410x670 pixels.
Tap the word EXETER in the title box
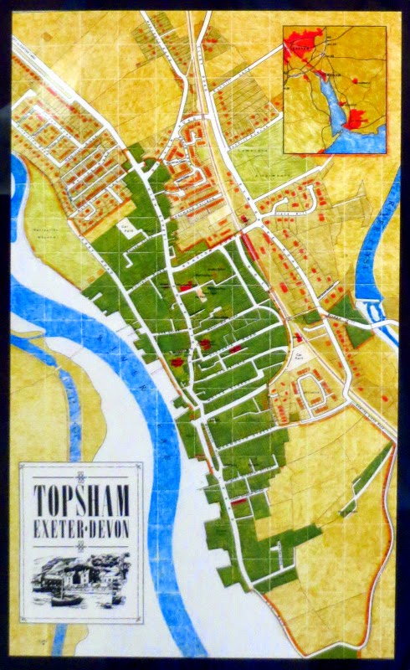coord(59,529)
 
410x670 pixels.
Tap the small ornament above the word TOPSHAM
coord(81,477)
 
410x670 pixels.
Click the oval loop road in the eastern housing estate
coord(311,392)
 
